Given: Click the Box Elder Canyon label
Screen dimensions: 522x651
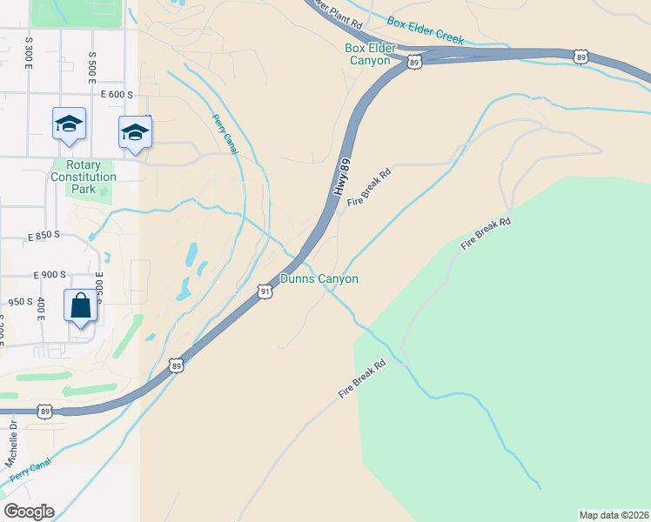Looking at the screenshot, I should [371, 54].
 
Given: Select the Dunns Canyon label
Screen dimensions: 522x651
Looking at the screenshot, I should [319, 278].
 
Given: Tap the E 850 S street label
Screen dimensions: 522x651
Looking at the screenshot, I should [44, 236].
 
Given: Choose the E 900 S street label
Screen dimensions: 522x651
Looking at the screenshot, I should [50, 274].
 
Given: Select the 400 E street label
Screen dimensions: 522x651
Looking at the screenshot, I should [41, 309].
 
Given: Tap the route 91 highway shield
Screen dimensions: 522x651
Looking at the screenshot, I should [265, 292].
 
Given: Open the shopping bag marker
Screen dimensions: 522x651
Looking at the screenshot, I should [81, 306].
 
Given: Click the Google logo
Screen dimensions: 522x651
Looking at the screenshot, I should [29, 511].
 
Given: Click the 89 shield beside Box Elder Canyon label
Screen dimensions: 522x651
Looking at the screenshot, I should [414, 62].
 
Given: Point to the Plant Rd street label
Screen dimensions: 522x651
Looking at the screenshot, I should [340, 7].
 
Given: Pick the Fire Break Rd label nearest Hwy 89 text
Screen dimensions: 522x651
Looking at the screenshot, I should [369, 187].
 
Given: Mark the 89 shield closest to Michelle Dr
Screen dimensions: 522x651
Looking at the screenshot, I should [45, 411].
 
